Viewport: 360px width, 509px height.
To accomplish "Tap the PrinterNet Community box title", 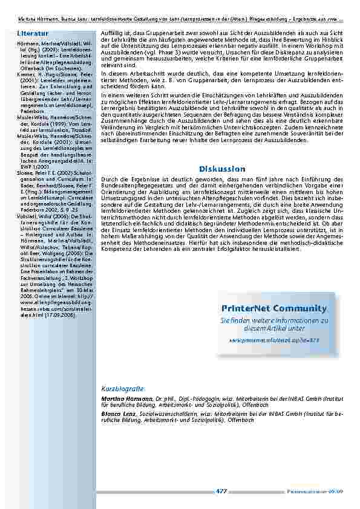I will point(270,309).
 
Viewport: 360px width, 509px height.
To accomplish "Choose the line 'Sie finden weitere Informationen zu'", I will point(273,320).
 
